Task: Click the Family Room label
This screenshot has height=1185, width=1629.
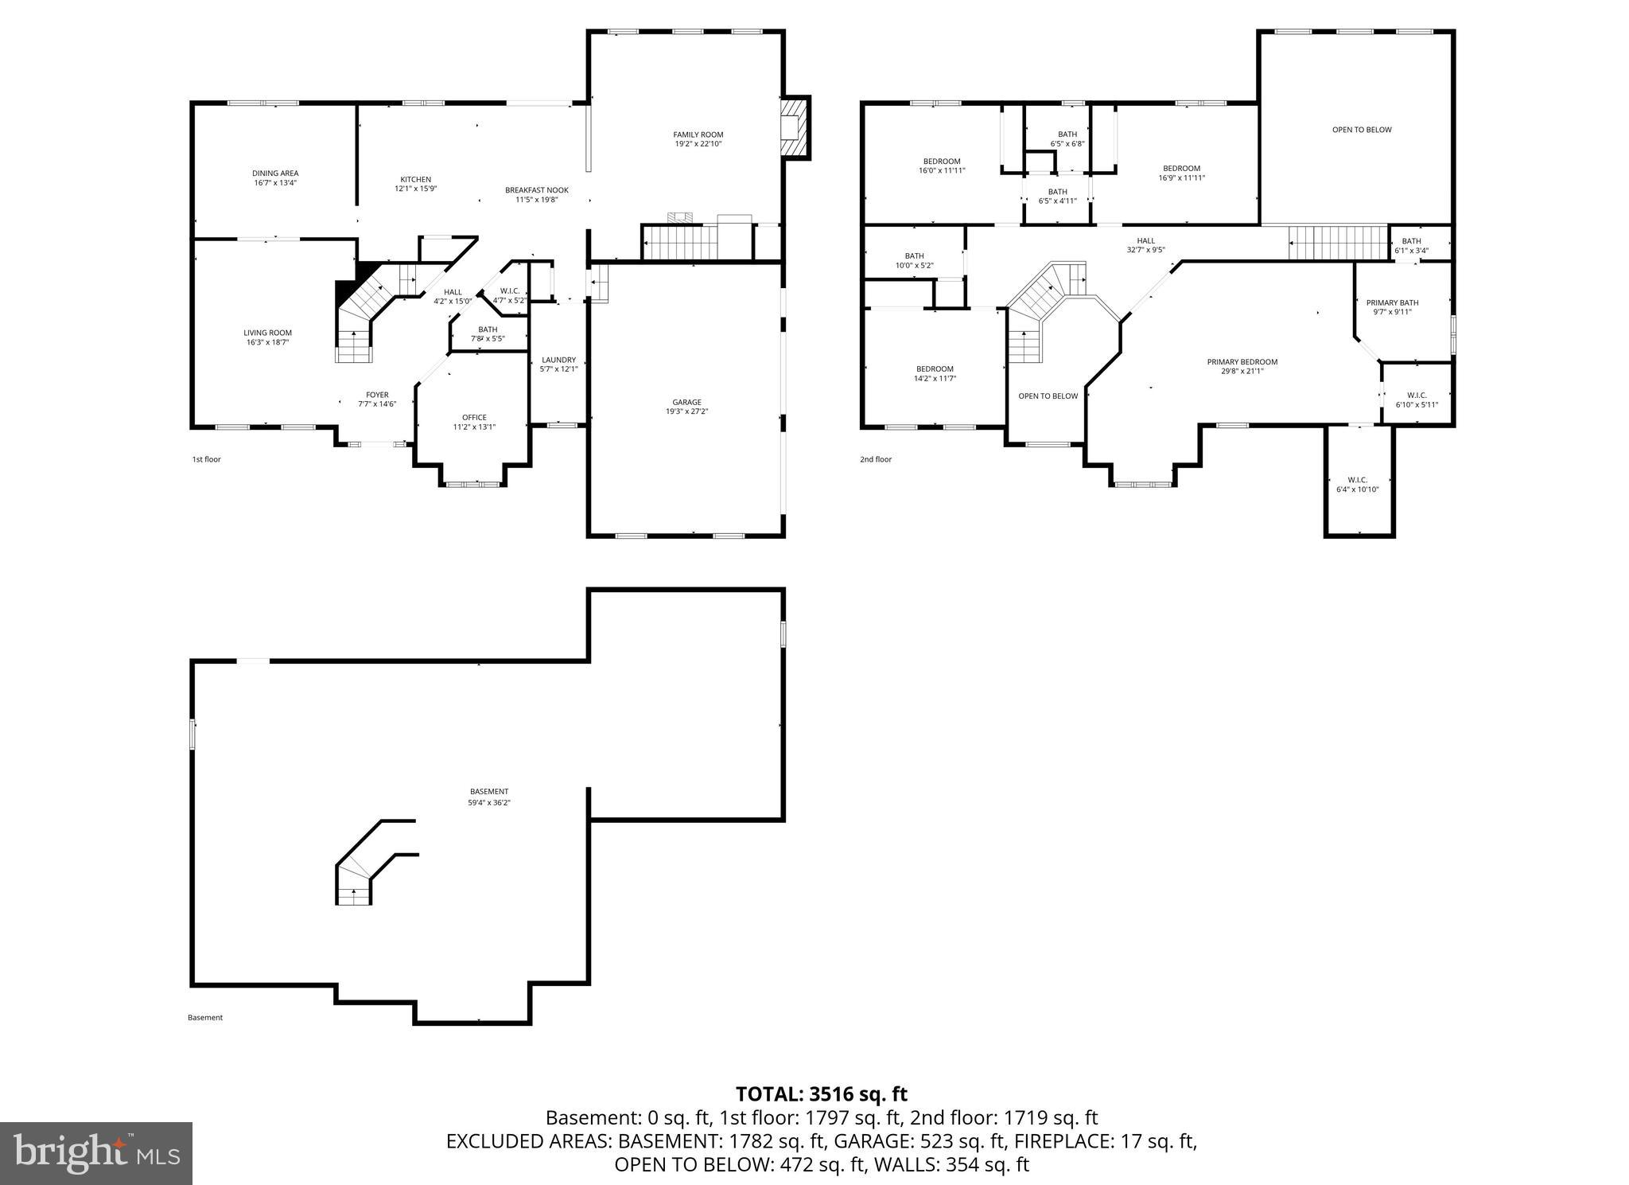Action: point(698,139)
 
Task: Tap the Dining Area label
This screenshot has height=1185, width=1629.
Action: point(275,177)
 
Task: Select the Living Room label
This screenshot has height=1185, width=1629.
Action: point(267,337)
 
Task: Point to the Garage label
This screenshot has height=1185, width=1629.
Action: point(686,407)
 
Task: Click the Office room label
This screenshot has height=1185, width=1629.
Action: point(474,422)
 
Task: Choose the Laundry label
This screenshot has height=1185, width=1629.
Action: point(558,364)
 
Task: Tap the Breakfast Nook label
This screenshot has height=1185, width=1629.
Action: point(537,194)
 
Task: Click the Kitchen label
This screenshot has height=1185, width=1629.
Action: point(415,184)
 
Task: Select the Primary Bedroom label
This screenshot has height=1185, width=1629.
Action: point(1242,366)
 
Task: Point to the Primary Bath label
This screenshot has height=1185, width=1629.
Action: point(1392,307)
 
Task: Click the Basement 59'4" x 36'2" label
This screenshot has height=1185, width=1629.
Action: point(489,797)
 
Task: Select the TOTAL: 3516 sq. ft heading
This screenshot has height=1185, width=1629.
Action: point(822,1093)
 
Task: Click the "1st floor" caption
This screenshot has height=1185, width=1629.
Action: point(206,459)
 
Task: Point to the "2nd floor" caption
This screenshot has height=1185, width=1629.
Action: point(876,459)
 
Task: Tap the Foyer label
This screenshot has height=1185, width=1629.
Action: point(377,399)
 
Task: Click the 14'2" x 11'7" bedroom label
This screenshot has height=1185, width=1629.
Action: point(935,373)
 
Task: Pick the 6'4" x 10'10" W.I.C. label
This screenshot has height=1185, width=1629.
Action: point(1357,485)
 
